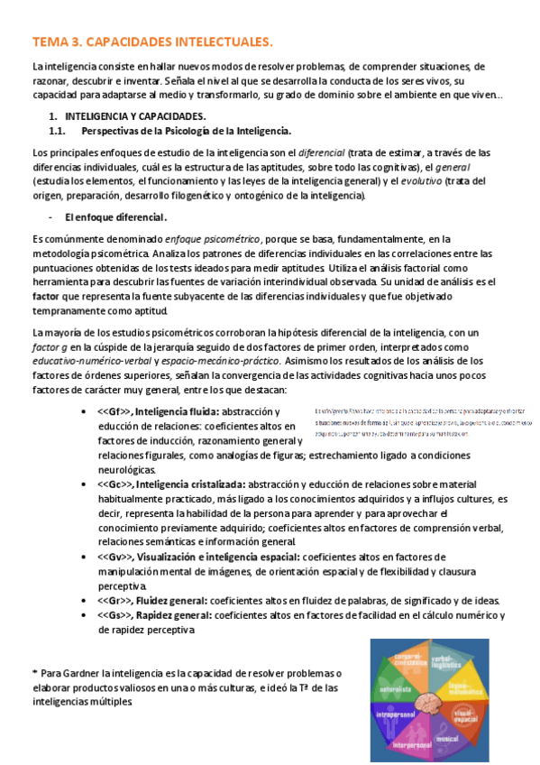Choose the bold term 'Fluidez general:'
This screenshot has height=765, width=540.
pyautogui.click(x=171, y=601)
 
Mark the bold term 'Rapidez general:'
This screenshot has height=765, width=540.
pyautogui.click(x=173, y=615)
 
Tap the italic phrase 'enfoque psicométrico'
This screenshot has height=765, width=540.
pyautogui.click(x=213, y=238)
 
